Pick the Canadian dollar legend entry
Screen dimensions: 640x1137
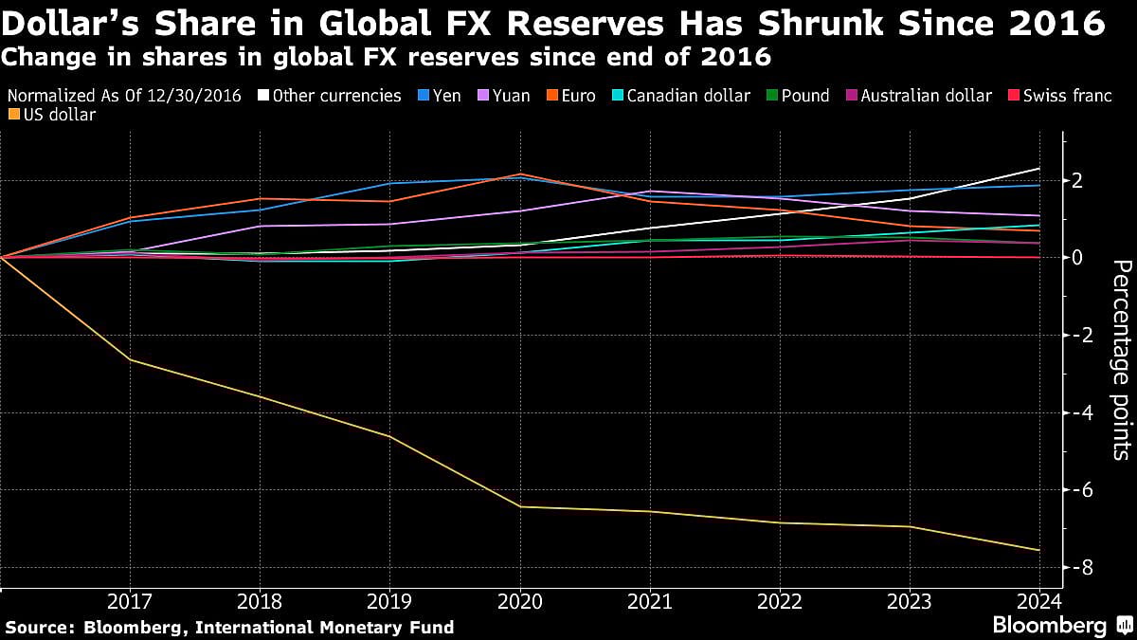[x=682, y=96]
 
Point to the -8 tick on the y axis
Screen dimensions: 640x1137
[x=1079, y=567]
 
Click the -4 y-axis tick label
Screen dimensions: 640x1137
[x=1079, y=412]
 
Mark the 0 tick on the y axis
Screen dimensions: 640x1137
[x=1079, y=257]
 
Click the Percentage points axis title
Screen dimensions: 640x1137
[x=1120, y=372]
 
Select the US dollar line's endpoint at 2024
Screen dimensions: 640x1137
[x=1039, y=550]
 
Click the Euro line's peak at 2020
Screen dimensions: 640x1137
[x=519, y=174]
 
